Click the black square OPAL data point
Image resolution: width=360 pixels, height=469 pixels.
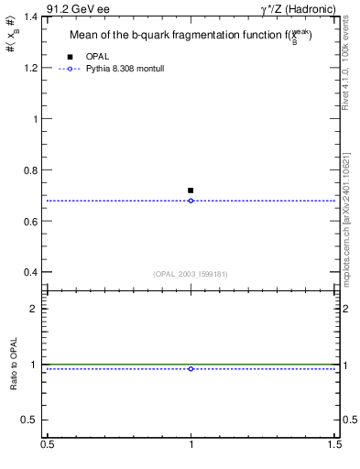coord(191,191)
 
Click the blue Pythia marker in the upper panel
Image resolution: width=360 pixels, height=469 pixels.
coord(191,201)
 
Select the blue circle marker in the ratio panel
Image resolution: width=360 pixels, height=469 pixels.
coord(191,368)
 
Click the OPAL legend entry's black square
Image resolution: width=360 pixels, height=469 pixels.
coord(71,57)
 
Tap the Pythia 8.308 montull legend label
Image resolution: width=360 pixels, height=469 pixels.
coord(123,68)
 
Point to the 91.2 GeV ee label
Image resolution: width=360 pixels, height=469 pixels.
coord(77,9)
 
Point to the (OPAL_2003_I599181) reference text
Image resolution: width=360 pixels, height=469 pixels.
coord(191,273)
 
